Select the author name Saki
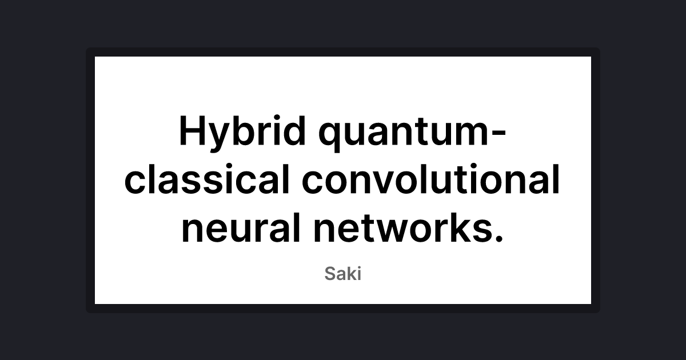[x=343, y=274]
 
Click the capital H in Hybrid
[x=192, y=131]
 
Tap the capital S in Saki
[x=331, y=274]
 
